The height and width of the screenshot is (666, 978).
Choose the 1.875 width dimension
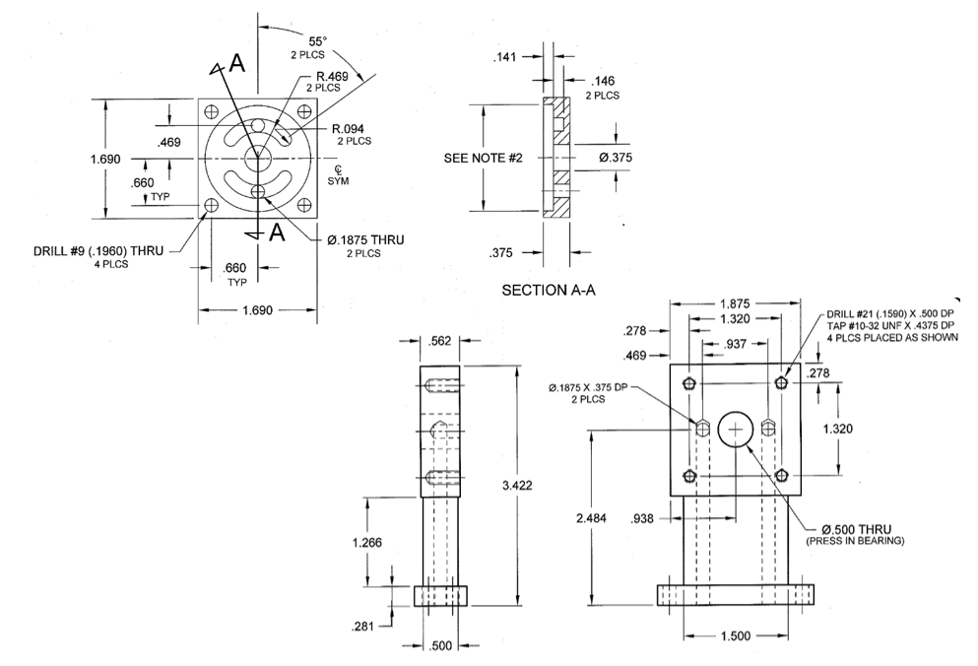coord(738,304)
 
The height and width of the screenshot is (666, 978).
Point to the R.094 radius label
coord(350,127)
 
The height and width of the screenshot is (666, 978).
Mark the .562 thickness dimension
coord(441,342)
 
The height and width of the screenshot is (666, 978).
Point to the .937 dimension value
coord(734,344)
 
